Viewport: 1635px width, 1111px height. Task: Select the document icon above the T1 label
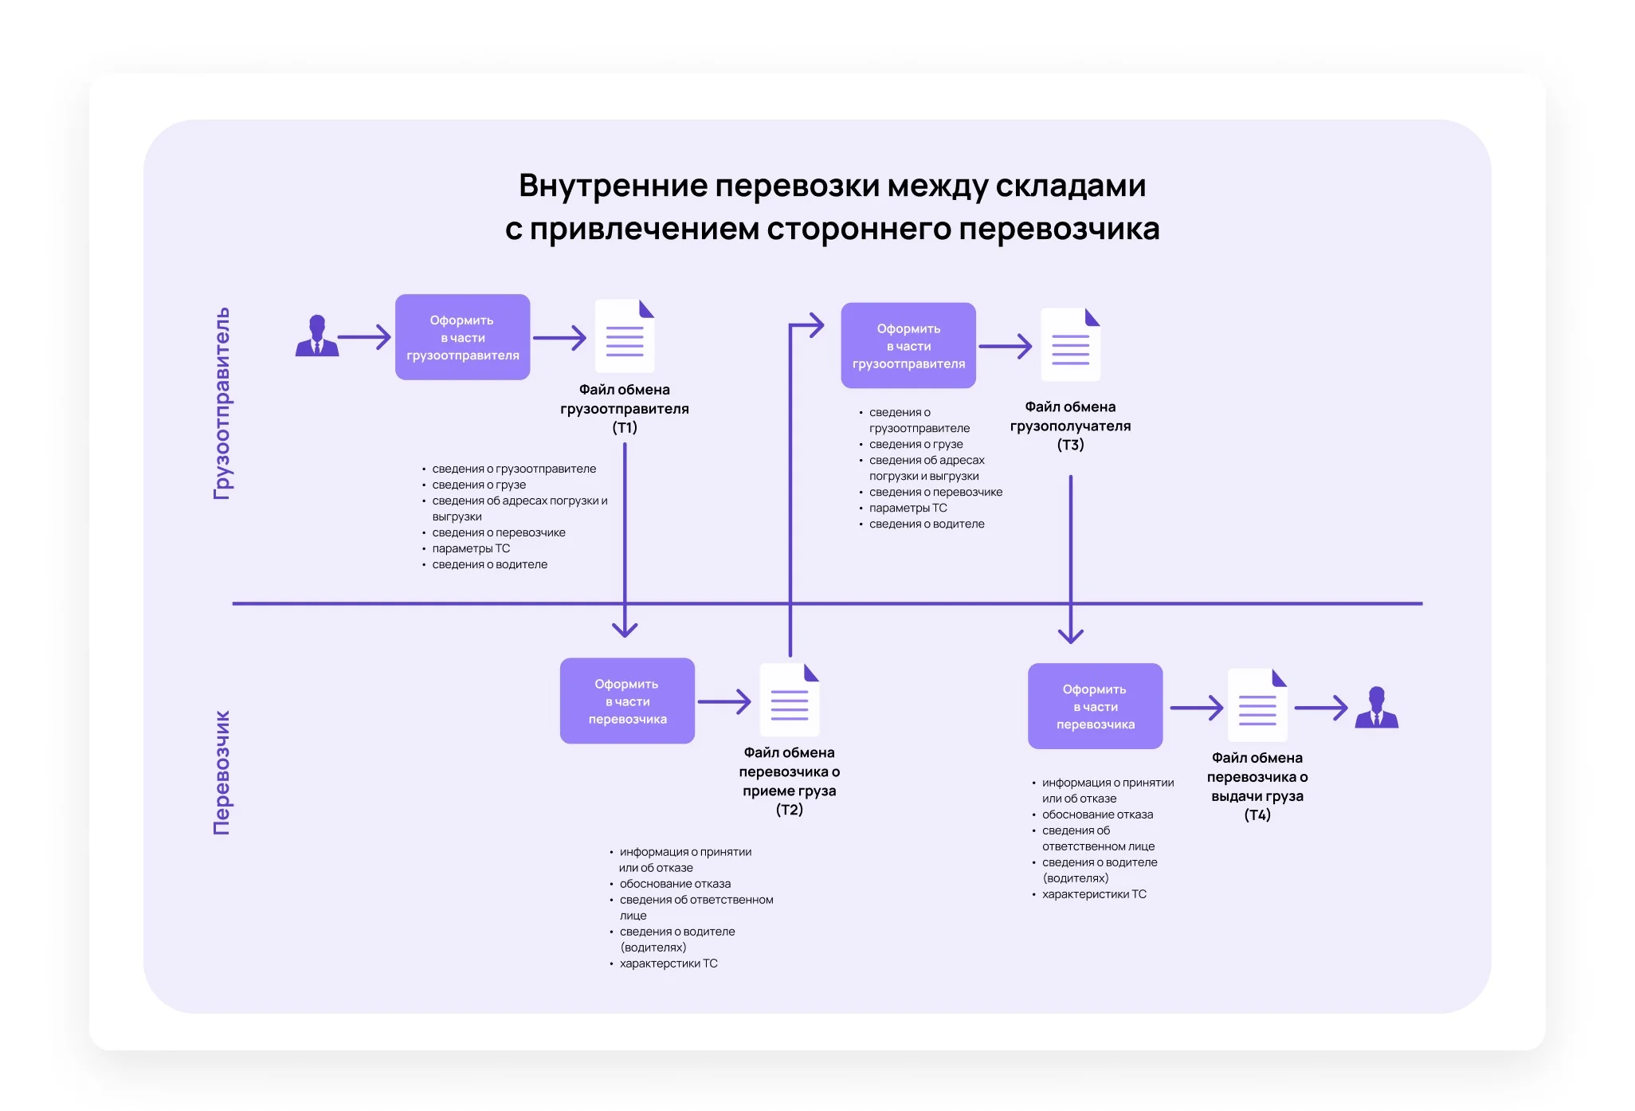click(x=625, y=336)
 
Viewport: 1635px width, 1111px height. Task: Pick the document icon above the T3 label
click(x=1070, y=345)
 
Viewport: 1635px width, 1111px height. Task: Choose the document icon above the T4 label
click(x=1257, y=705)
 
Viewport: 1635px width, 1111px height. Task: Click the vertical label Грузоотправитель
click(x=222, y=403)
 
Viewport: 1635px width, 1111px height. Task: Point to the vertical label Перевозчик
click(x=222, y=772)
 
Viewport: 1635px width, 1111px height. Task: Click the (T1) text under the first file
click(x=625, y=428)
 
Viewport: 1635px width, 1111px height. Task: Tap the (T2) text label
click(x=789, y=810)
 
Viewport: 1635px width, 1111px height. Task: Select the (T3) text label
click(x=1070, y=445)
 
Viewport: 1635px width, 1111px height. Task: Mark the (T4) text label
click(x=1257, y=815)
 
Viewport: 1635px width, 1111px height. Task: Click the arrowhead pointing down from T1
click(x=625, y=629)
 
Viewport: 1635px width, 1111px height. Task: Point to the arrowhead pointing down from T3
click(x=1070, y=634)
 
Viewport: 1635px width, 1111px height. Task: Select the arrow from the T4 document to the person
click(x=1321, y=708)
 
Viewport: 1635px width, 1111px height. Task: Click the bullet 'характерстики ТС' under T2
click(x=669, y=964)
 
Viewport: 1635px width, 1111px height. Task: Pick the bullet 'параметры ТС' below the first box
click(x=471, y=548)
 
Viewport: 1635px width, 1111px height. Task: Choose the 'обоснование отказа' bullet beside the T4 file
click(x=1097, y=815)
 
